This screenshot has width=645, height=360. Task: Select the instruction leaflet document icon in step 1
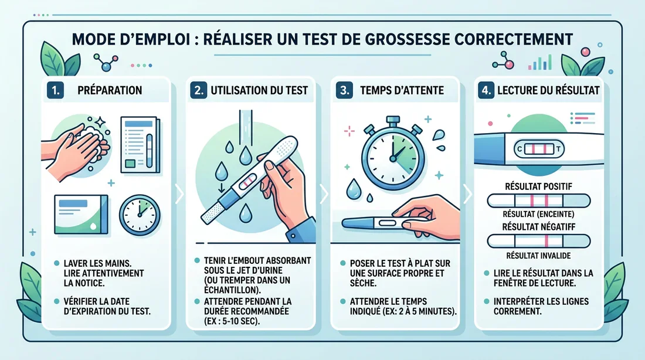pos(140,145)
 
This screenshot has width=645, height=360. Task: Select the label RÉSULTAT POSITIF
pos(538,187)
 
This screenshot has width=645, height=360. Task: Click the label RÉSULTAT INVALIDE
pos(538,256)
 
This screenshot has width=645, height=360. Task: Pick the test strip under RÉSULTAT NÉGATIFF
pos(538,241)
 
